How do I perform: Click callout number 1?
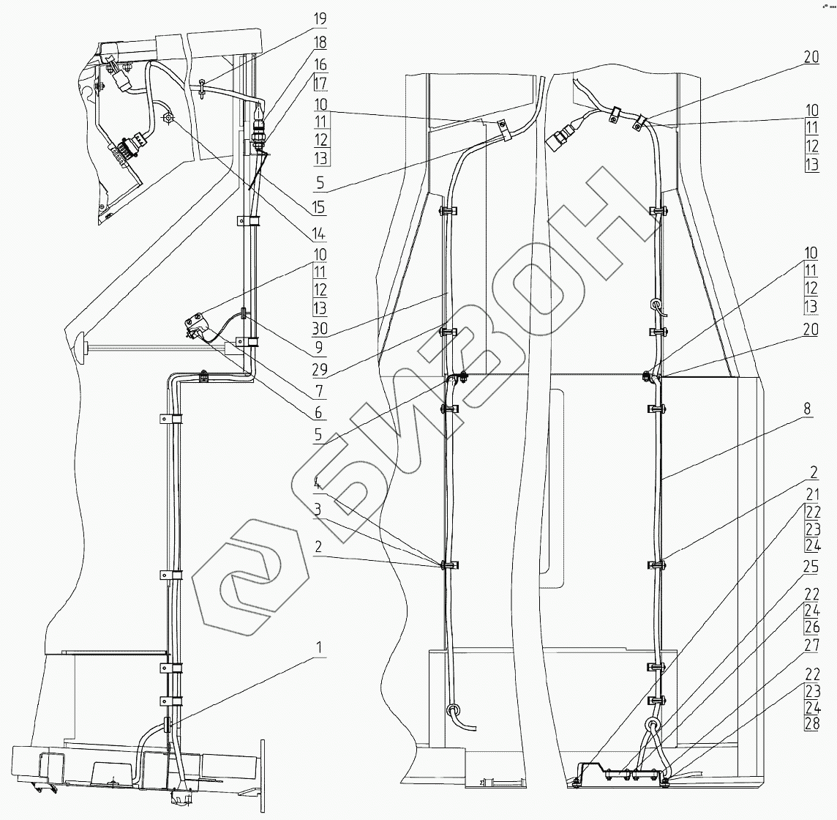319,647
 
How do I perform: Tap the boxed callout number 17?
320,83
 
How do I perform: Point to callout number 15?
319,208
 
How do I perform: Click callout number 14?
319,235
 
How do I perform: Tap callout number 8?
807,409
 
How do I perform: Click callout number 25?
811,567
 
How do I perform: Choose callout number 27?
811,646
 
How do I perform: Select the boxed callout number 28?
811,724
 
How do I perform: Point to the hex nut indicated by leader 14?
168,118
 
